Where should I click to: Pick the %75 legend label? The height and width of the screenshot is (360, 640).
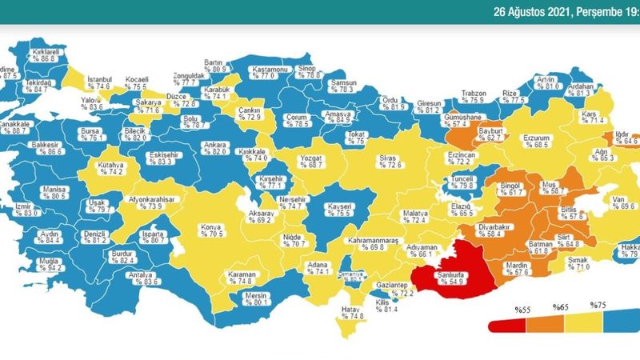(x=598, y=306)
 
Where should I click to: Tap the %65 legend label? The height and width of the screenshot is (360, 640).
(x=561, y=306)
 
